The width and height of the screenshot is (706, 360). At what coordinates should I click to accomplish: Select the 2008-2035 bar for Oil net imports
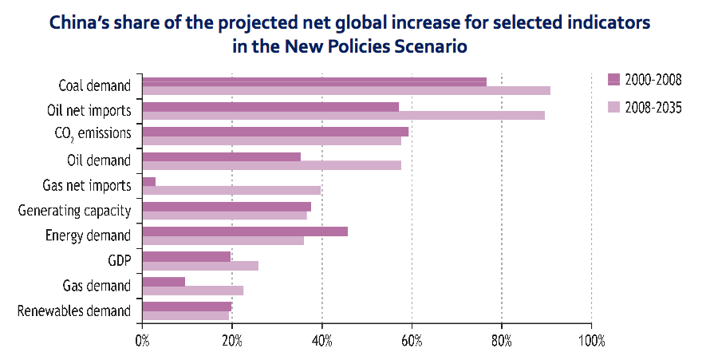coord(343,115)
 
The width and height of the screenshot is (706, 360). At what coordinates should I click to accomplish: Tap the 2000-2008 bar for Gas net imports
coord(148,181)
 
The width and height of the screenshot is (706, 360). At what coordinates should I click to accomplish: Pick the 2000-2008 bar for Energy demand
coord(244,231)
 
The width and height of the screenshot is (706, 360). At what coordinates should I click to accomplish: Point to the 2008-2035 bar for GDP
coord(199,266)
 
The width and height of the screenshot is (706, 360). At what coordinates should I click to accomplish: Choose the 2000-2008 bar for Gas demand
coord(163,282)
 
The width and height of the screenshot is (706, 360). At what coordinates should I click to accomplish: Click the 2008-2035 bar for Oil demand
coord(271,165)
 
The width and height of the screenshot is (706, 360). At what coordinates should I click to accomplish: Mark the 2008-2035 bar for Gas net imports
coord(231,190)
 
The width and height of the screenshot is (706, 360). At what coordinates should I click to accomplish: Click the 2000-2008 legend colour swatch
coord(613,78)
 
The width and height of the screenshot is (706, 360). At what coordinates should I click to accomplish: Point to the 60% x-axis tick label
coord(412,341)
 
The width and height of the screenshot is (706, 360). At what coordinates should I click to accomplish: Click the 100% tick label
coord(590,341)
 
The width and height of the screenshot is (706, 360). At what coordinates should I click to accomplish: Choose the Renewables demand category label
coord(73,310)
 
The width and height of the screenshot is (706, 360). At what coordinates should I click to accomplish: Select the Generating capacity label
coord(74,210)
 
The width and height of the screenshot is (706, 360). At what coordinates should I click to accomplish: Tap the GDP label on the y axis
coord(119,260)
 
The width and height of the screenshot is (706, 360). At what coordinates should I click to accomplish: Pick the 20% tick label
coord(231,341)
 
